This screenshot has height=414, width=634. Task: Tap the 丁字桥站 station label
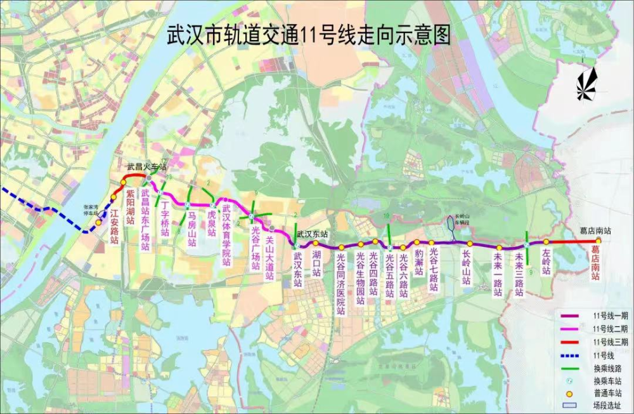tap(164, 219)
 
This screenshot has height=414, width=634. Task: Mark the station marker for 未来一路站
tap(499, 248)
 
